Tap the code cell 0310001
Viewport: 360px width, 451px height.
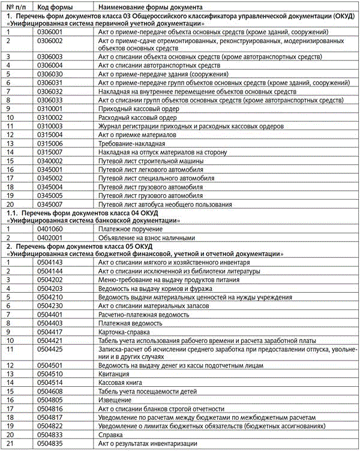point(50,109)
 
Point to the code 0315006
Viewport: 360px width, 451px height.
point(50,144)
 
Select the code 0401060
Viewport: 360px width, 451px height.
point(50,229)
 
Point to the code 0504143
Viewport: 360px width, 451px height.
point(50,263)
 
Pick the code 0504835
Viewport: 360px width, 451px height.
point(50,443)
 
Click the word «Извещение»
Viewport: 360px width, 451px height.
point(115,400)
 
